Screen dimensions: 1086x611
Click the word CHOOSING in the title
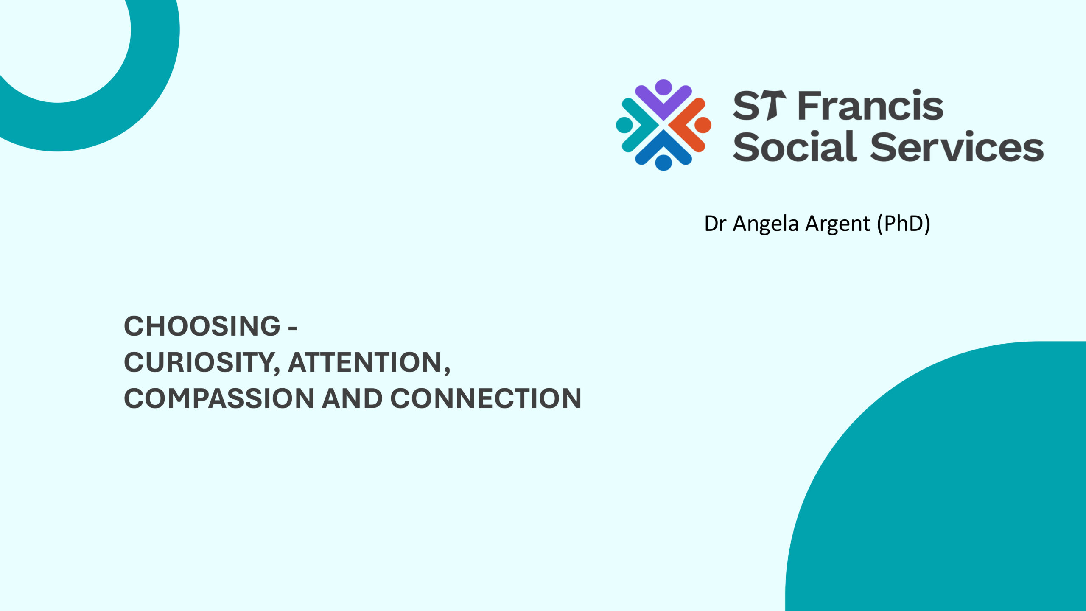tap(202, 326)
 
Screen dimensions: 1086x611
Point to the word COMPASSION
tap(218, 398)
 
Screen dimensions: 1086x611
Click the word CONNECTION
tap(486, 398)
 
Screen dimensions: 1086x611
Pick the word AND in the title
tap(352, 398)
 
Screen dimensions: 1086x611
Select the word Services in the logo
tap(957, 146)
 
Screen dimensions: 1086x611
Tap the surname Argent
tap(837, 224)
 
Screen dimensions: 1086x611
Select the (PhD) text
tap(904, 224)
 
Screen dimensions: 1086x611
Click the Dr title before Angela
tap(715, 224)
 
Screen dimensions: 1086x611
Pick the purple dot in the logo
tap(663, 87)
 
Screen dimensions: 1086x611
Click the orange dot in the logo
tap(703, 125)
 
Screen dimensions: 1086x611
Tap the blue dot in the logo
tap(663, 163)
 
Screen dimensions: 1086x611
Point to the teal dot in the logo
tap(624, 125)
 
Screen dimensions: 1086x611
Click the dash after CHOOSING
tap(292, 328)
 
